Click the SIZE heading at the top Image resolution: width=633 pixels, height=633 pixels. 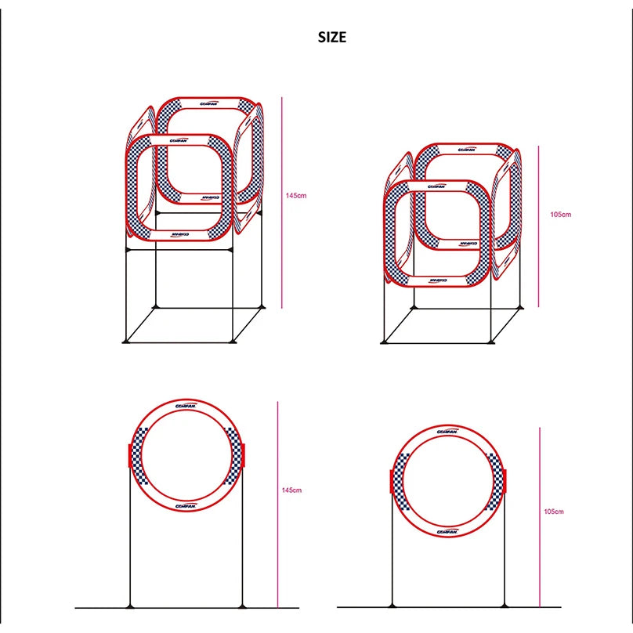(x=331, y=37)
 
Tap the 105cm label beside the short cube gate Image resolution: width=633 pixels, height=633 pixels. (x=561, y=214)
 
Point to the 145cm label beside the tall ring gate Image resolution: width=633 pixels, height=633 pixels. (x=291, y=490)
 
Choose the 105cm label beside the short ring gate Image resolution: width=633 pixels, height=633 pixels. (x=553, y=512)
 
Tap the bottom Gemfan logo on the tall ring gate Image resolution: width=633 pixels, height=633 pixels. (x=186, y=505)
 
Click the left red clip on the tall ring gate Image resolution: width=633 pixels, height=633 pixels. (x=129, y=455)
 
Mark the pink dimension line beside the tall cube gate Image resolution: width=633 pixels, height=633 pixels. (x=282, y=196)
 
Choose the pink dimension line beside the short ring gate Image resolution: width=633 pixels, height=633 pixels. (x=540, y=517)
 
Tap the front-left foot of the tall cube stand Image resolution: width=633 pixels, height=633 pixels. (x=126, y=341)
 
